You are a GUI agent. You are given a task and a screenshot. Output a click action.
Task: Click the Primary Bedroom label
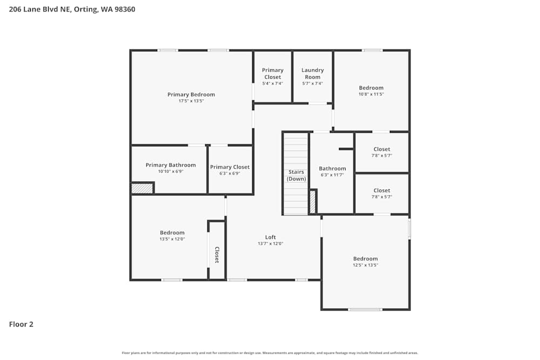tap(191, 94)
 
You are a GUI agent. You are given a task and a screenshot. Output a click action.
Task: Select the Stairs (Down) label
tap(296, 175)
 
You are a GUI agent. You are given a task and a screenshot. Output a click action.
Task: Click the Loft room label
tap(271, 237)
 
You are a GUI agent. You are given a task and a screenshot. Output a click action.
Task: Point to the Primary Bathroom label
tap(171, 165)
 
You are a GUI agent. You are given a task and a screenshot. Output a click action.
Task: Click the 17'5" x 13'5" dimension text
tap(191, 101)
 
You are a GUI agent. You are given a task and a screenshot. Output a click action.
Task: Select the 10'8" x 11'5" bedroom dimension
tap(371, 94)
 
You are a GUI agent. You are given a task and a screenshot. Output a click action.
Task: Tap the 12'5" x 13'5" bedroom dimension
tap(366, 265)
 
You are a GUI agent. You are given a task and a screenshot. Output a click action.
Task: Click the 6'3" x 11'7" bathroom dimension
tap(332, 175)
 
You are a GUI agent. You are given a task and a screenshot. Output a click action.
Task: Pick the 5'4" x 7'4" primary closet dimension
tap(273, 83)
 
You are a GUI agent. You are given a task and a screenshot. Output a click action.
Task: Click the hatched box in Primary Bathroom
tap(143, 188)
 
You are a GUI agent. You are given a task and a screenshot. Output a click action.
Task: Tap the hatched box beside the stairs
tap(313, 201)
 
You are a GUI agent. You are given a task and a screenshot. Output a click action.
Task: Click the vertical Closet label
tap(217, 255)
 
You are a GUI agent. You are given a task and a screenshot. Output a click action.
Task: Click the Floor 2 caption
tap(21, 324)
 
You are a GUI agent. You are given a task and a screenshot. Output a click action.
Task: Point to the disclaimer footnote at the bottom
tap(270, 353)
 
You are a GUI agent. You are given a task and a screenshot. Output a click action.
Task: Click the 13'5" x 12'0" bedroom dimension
tap(172, 239)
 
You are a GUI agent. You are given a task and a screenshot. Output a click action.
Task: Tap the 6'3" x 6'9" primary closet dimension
tap(230, 173)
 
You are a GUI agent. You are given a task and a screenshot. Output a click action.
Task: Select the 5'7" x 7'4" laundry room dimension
tap(313, 83)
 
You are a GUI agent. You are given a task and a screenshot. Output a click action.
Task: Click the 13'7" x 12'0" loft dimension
tap(271, 243)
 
